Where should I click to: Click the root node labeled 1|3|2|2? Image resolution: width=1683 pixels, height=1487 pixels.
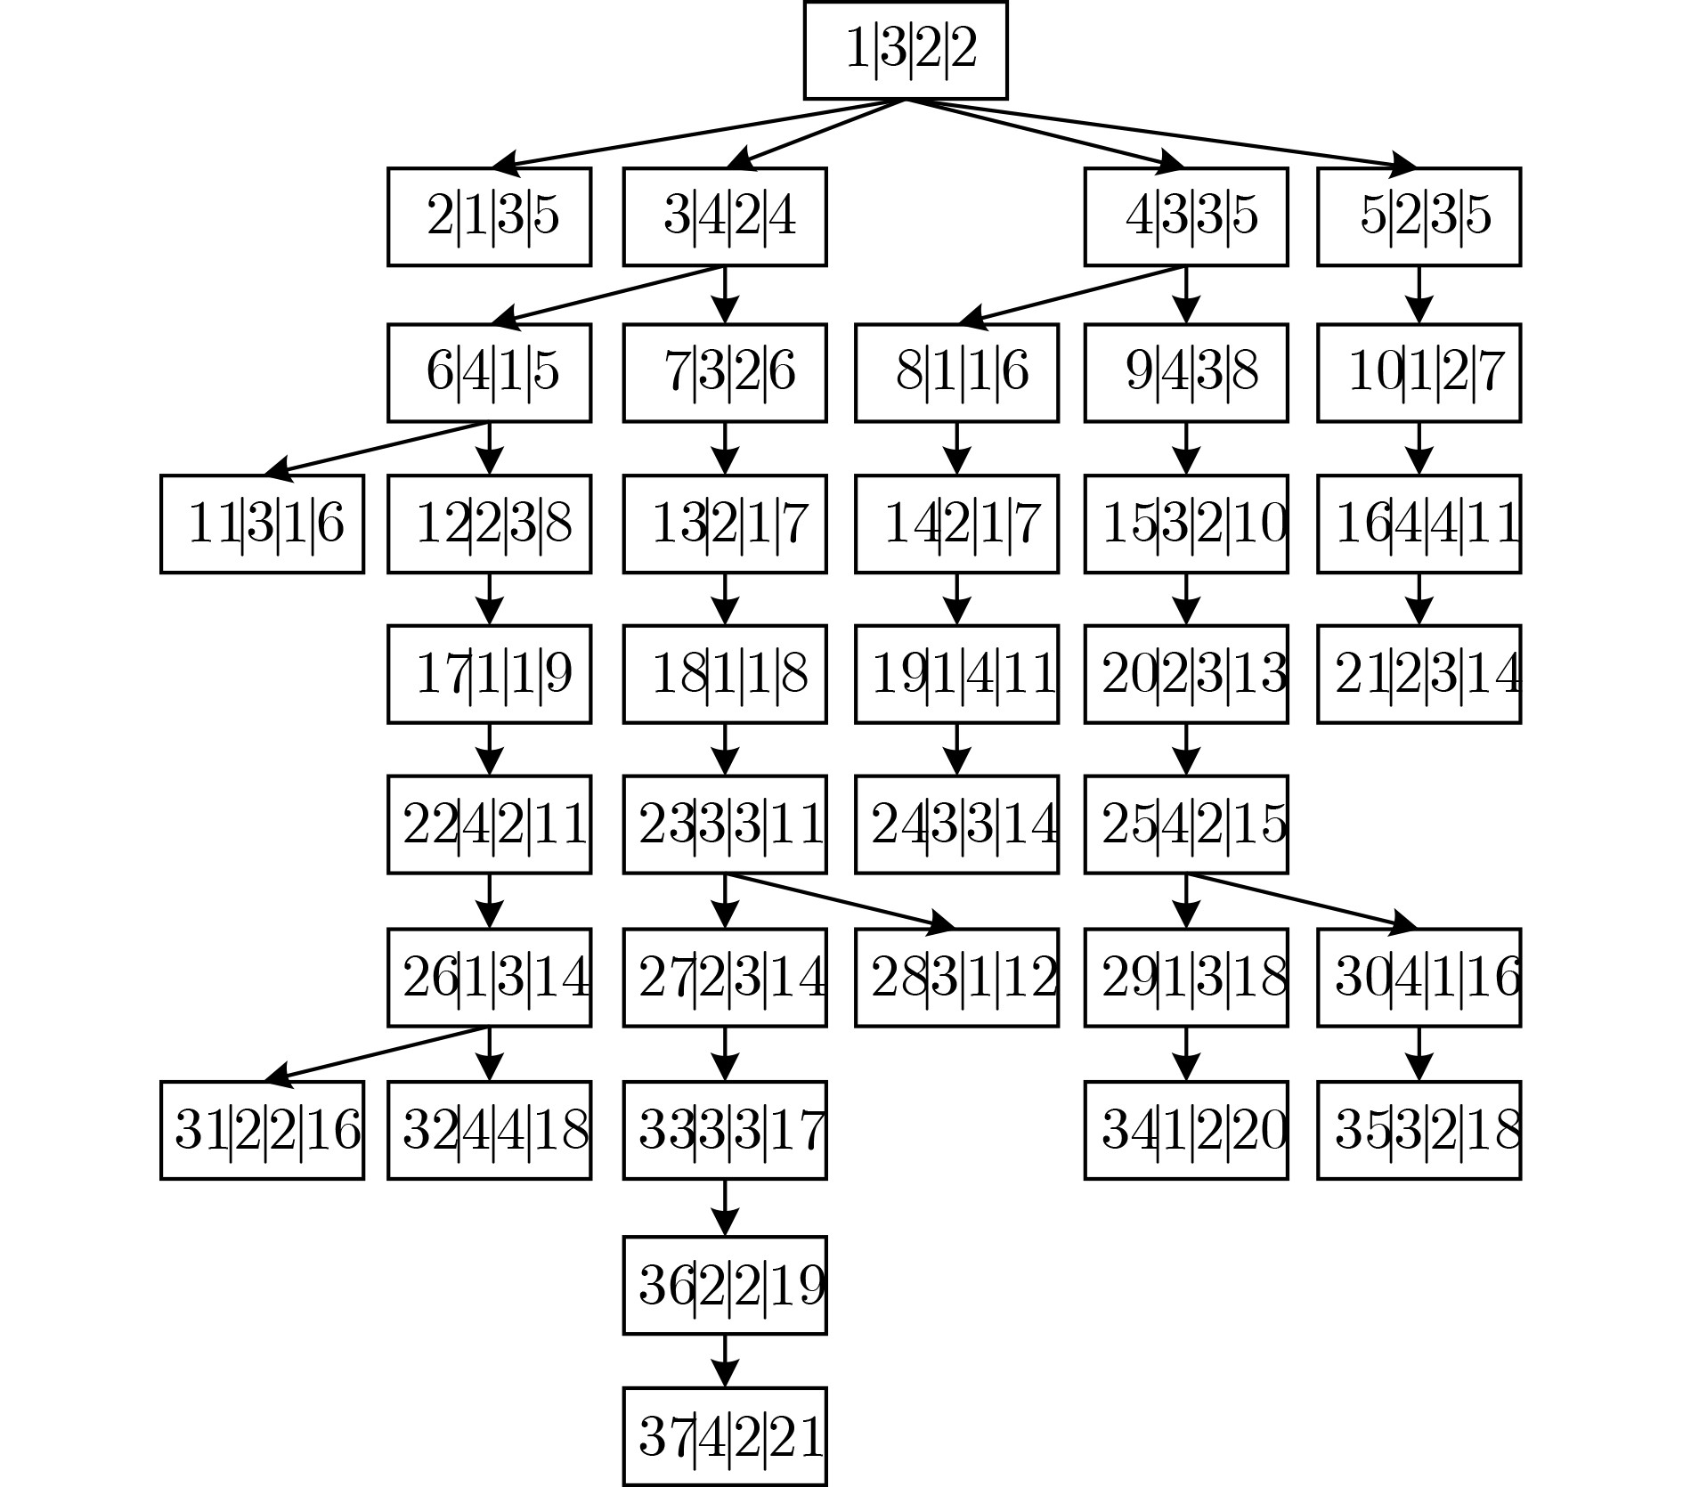pyautogui.click(x=906, y=50)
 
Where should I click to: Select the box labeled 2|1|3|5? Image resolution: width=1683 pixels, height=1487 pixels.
pyautogui.click(x=489, y=216)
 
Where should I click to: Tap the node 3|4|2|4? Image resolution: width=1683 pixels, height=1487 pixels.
pyautogui.click(x=725, y=216)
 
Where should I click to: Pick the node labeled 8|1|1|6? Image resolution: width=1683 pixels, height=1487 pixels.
pyautogui.click(x=957, y=372)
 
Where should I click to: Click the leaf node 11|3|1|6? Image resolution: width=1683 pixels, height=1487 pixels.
pyautogui.click(x=263, y=524)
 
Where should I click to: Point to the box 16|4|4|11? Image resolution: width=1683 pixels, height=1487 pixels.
pyautogui.click(x=1419, y=524)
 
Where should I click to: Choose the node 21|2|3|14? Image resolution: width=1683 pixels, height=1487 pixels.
pyautogui.click(x=1419, y=674)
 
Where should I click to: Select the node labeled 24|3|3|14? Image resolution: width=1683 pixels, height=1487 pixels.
pyautogui.click(x=957, y=825)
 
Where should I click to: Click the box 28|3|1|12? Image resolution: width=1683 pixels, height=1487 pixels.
pyautogui.click(x=957, y=978)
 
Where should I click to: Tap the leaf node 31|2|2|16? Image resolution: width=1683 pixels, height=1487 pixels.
pyautogui.click(x=263, y=1130)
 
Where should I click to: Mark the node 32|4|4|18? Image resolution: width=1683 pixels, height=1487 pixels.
pyautogui.click(x=489, y=1130)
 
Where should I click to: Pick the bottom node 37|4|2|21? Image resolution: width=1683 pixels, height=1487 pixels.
pyautogui.click(x=725, y=1436)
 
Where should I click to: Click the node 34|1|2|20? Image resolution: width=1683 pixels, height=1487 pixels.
pyautogui.click(x=1186, y=1130)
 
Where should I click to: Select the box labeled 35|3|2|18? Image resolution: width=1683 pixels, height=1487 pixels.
pyautogui.click(x=1419, y=1130)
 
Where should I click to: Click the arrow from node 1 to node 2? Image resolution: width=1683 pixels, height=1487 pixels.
pyautogui.click(x=699, y=134)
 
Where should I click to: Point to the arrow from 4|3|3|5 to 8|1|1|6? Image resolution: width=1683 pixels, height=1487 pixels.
pyautogui.click(x=1071, y=293)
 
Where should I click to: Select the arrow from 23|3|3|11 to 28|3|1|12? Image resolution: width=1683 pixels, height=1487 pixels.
pyautogui.click(x=841, y=901)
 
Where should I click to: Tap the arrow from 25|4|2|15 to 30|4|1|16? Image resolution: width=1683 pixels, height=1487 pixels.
pyautogui.click(x=1303, y=901)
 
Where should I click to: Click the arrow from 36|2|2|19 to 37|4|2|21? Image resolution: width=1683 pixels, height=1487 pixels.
pyautogui.click(x=725, y=1360)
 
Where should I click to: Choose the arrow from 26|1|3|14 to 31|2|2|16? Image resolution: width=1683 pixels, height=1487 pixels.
pyautogui.click(x=377, y=1054)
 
